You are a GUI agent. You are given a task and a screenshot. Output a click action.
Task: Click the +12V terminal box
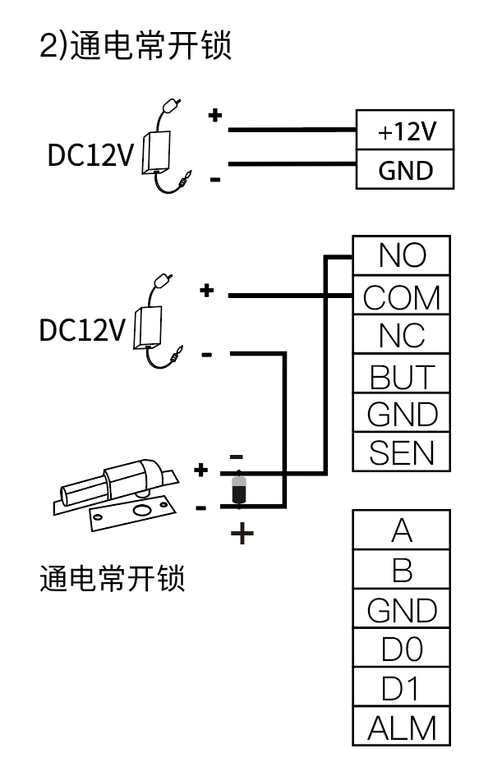click(x=405, y=131)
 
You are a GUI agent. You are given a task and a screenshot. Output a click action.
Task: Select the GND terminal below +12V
click(x=405, y=169)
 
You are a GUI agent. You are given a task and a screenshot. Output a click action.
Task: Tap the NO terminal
click(x=402, y=255)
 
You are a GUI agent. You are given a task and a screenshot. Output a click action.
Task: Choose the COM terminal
click(x=402, y=296)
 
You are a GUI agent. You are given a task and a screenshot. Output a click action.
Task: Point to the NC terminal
click(x=402, y=335)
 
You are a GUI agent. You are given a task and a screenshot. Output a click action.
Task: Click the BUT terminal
click(x=402, y=375)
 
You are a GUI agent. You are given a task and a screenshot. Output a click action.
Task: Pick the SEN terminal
click(x=402, y=452)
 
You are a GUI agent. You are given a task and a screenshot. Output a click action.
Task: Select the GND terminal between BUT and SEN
click(x=402, y=414)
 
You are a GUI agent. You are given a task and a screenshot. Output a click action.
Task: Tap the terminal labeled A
click(x=402, y=530)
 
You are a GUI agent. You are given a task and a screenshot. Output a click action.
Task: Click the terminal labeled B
click(x=402, y=570)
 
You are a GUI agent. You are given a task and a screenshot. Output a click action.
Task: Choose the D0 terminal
click(x=402, y=649)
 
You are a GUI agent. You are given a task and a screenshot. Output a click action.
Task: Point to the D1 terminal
click(x=402, y=688)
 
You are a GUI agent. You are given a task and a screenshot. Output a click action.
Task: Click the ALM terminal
click(x=402, y=728)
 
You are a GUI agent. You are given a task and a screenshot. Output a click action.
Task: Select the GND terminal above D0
click(x=402, y=609)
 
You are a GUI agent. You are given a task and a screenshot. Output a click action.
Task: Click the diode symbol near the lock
click(x=239, y=489)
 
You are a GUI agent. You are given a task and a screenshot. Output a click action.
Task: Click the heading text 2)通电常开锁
click(x=136, y=46)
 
